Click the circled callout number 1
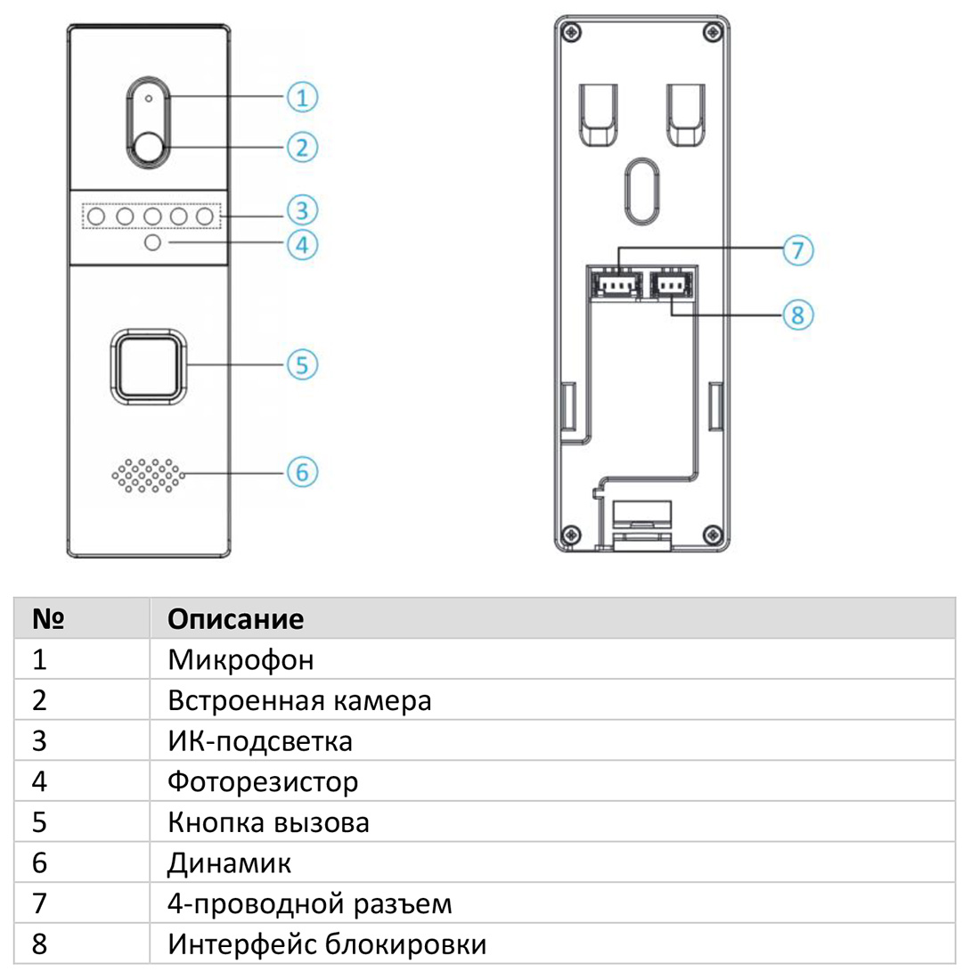(x=303, y=97)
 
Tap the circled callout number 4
(x=303, y=244)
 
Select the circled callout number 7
(x=798, y=250)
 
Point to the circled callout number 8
(x=798, y=314)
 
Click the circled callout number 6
(x=302, y=472)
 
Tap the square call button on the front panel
(x=149, y=365)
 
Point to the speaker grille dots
(x=150, y=476)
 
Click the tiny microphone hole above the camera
(x=149, y=97)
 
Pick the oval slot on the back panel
(x=641, y=190)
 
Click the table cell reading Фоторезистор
(x=263, y=782)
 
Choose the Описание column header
(x=235, y=618)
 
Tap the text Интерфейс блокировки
(x=327, y=943)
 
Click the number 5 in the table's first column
(x=38, y=822)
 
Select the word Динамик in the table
(x=230, y=863)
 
